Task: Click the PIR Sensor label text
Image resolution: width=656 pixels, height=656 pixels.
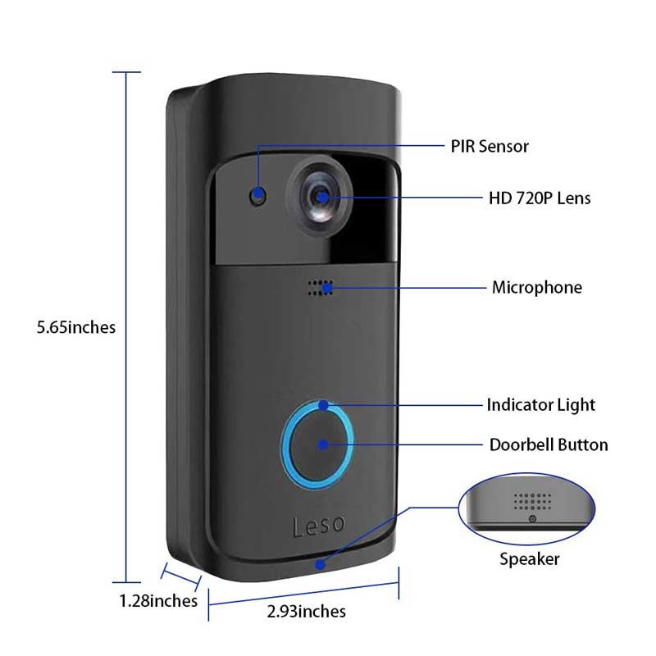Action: [489, 147]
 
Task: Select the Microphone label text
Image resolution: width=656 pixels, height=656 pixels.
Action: [536, 288]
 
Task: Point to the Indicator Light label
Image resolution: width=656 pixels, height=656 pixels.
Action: [540, 405]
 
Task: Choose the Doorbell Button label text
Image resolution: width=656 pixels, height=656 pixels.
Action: [549, 445]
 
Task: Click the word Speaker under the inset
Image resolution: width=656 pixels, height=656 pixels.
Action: [530, 559]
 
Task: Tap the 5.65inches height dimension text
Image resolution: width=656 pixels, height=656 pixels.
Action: [76, 327]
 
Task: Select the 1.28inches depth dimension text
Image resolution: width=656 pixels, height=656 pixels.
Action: [158, 601]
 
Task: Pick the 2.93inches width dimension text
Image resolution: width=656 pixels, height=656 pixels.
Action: [307, 611]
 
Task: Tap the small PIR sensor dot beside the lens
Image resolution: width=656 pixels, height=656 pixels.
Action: [259, 197]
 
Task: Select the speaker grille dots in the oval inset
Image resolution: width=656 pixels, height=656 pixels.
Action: [529, 501]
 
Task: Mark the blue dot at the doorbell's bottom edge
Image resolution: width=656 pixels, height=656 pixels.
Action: [319, 564]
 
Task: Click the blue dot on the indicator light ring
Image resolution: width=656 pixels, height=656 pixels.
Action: [325, 405]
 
